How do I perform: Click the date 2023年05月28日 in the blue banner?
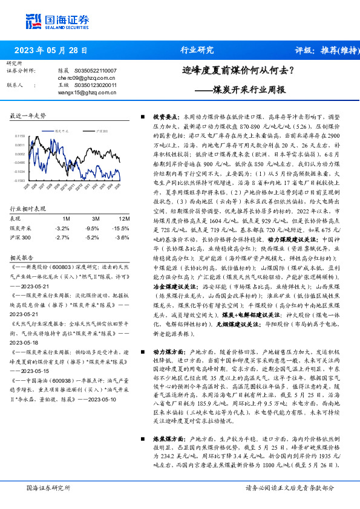(x=50, y=51)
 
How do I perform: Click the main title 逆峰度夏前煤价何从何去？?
(x=238, y=71)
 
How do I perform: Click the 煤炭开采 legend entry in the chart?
(x=63, y=131)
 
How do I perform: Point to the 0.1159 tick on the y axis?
(x=21, y=137)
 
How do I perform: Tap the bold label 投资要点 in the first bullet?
(x=164, y=115)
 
